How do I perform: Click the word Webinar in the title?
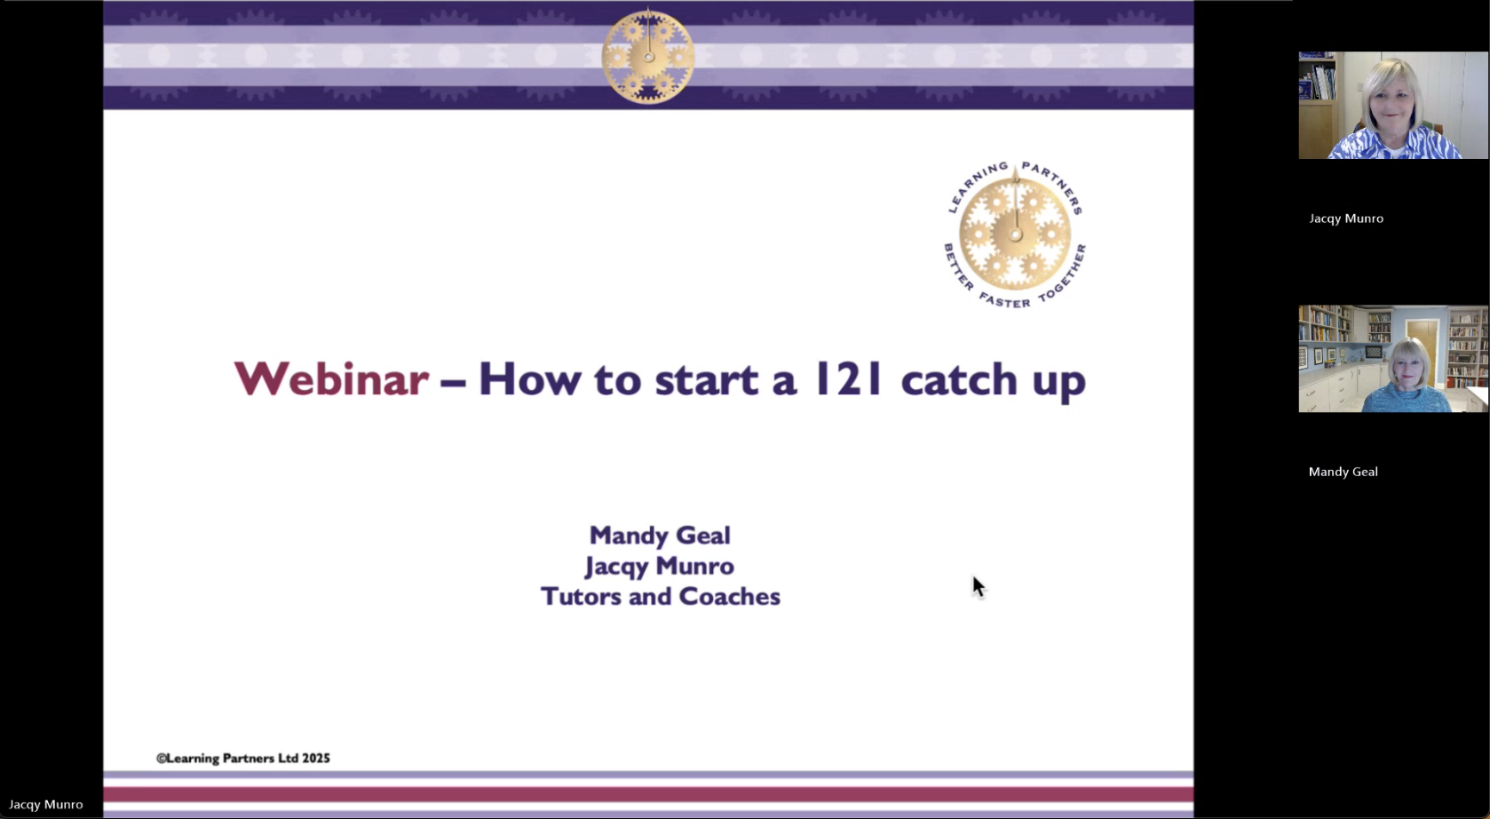330,379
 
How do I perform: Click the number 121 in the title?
849,379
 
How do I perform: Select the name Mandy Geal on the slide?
660,536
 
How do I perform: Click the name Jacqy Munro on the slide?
660,567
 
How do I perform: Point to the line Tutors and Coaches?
661,597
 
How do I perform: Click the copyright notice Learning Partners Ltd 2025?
243,759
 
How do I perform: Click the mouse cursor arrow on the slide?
978,587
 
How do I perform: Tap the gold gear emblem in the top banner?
648,56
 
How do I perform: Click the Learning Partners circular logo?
1015,235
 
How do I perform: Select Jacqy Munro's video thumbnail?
1393,105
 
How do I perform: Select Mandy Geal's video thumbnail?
1393,359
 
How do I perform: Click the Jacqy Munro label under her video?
1346,219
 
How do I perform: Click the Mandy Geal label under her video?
1343,472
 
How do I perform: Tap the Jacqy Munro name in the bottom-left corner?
46,805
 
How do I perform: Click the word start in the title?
707,380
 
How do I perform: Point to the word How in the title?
529,379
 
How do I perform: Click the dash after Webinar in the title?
452,384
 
